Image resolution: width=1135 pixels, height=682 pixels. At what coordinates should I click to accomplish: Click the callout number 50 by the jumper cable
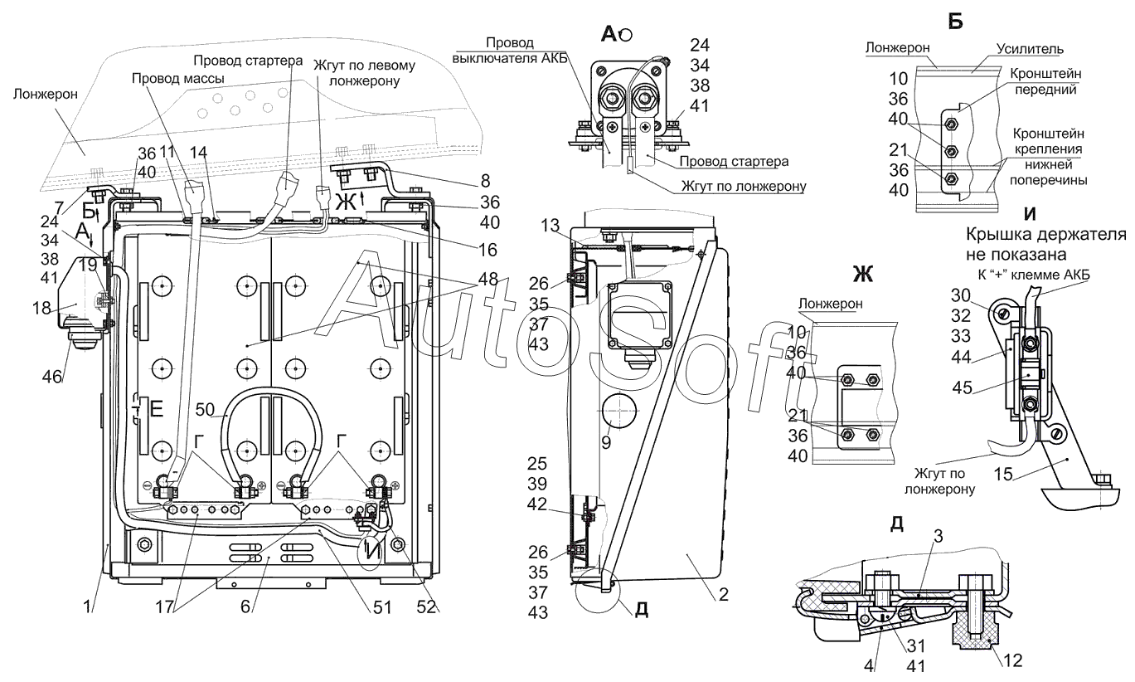pos(205,410)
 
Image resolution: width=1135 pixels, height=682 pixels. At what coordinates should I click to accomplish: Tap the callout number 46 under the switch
pos(51,377)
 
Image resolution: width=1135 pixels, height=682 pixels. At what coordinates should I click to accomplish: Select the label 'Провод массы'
pos(178,79)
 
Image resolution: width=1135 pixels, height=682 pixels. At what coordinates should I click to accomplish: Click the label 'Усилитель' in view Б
pos(1030,49)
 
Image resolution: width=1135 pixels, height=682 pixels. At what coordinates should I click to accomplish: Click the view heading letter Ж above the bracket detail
pos(863,275)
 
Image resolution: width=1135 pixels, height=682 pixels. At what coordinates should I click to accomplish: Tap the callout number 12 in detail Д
pos(1012,660)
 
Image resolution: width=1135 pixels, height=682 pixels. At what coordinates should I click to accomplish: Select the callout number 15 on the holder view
pos(1002,474)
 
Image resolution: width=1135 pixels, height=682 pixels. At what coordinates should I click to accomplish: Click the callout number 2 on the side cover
pos(724,594)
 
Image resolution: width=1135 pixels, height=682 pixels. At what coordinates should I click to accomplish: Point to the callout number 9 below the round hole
pos(607,443)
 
